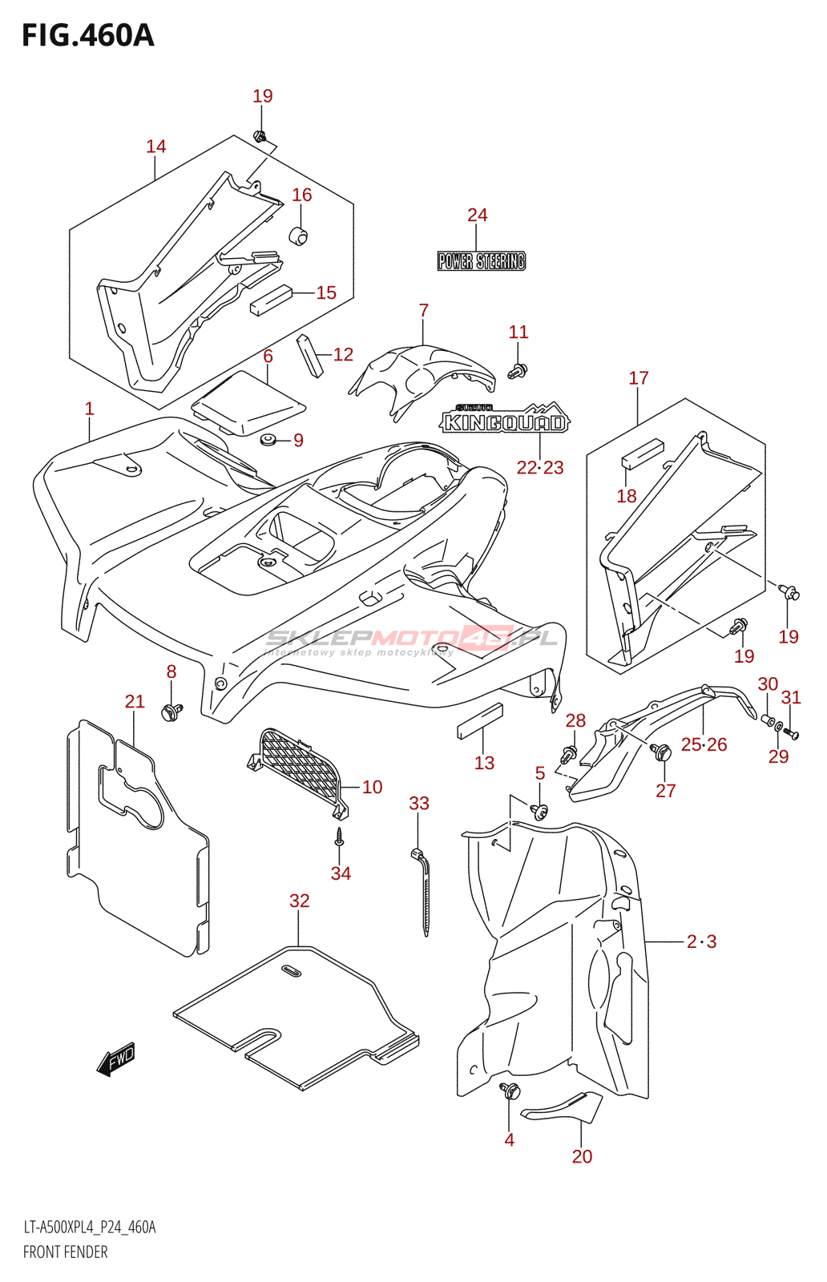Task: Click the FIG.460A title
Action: pyautogui.click(x=87, y=36)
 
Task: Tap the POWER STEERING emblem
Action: pyautogui.click(x=481, y=261)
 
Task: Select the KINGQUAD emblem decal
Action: pyautogui.click(x=505, y=421)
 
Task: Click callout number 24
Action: pyautogui.click(x=477, y=215)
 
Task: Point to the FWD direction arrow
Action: pyautogui.click(x=115, y=1061)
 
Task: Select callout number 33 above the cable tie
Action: pyautogui.click(x=419, y=803)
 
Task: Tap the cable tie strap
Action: pyautogui.click(x=425, y=897)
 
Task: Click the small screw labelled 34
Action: pyautogui.click(x=340, y=837)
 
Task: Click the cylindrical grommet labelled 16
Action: pyautogui.click(x=299, y=236)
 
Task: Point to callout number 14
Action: pyautogui.click(x=155, y=147)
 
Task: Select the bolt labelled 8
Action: pyautogui.click(x=171, y=712)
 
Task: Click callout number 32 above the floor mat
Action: pyautogui.click(x=299, y=901)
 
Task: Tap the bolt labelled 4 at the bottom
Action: pyautogui.click(x=510, y=1091)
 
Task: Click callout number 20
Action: pyautogui.click(x=582, y=1156)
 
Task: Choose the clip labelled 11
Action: pyautogui.click(x=518, y=370)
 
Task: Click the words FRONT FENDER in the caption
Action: pyautogui.click(x=65, y=1252)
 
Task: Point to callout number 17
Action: pyautogui.click(x=638, y=377)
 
